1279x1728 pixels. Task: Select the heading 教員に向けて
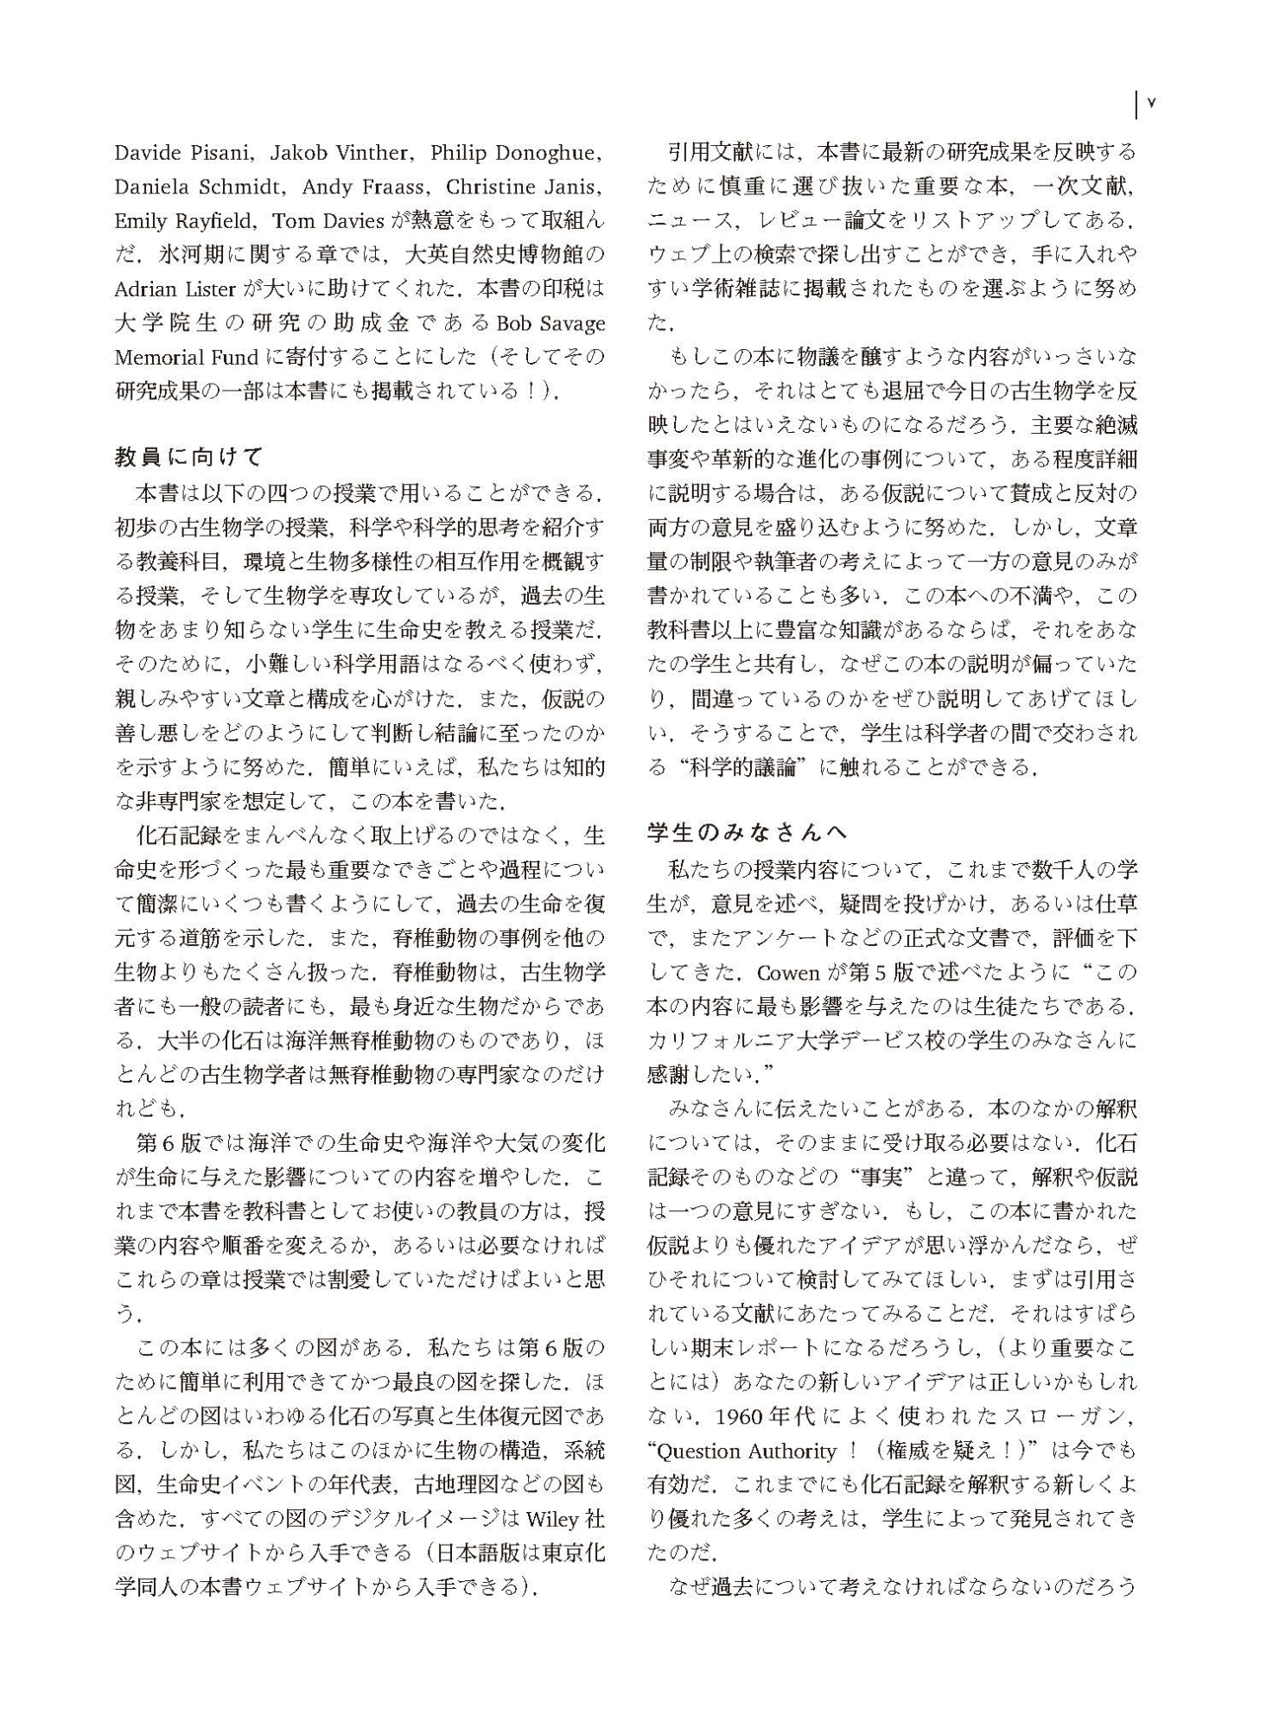[188, 456]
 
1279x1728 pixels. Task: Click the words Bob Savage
[550, 323]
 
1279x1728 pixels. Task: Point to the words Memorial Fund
[187, 357]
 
